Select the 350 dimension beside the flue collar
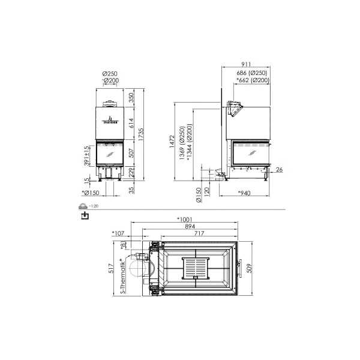click(x=132, y=98)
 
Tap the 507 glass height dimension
click(x=132, y=154)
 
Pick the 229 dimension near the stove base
click(x=132, y=173)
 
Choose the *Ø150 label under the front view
click(x=89, y=193)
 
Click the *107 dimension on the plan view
click(x=118, y=233)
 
